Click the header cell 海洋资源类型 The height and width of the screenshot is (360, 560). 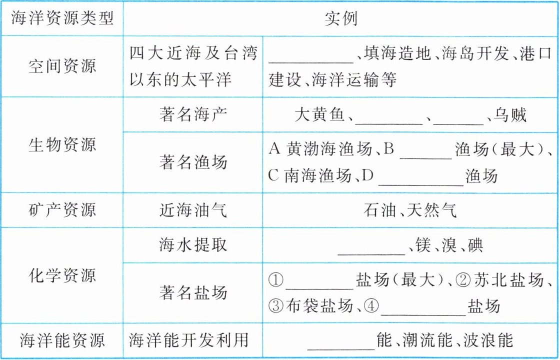point(62,18)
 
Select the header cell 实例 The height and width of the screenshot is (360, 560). point(341,18)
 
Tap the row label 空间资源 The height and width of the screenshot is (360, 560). point(62,66)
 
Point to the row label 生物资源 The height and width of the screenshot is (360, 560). point(62,145)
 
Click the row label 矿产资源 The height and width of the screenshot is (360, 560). point(62,209)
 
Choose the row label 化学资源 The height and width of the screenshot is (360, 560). point(62,275)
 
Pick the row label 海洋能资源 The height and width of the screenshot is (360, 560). point(62,341)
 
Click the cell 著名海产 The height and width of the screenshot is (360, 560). point(193,115)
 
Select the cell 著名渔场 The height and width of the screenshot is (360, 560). point(193,161)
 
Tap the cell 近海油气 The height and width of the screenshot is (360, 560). point(193,209)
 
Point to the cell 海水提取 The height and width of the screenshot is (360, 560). point(193,244)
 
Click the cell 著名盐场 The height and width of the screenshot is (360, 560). point(193,292)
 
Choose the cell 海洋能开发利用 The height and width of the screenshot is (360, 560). point(189,341)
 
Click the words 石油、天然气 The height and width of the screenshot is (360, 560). point(410,209)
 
